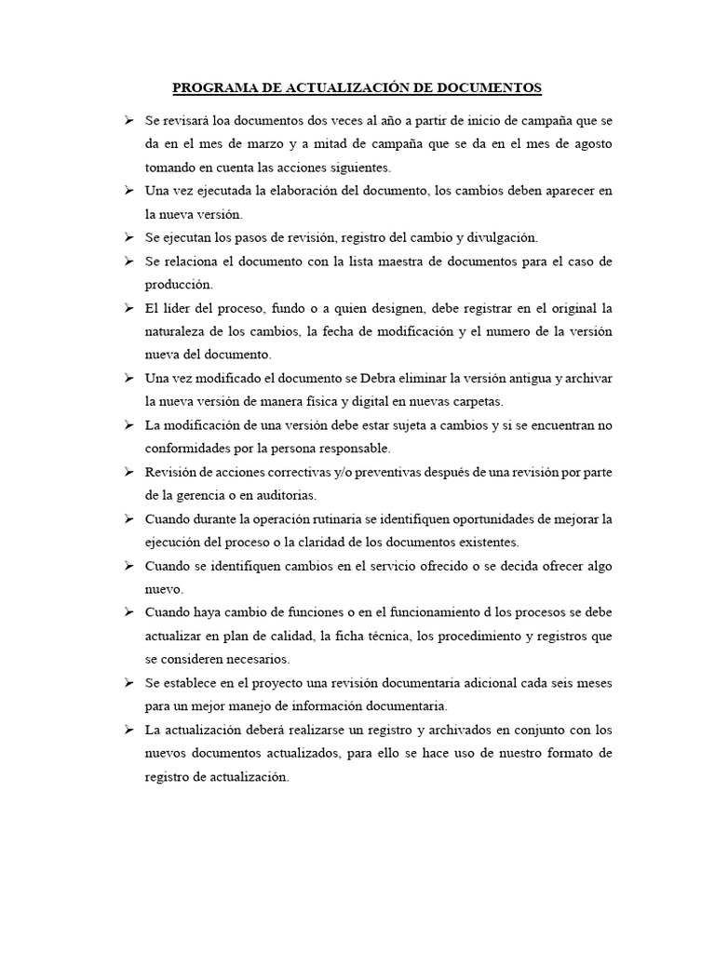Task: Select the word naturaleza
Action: click(177, 331)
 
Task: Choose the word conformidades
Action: click(186, 449)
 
